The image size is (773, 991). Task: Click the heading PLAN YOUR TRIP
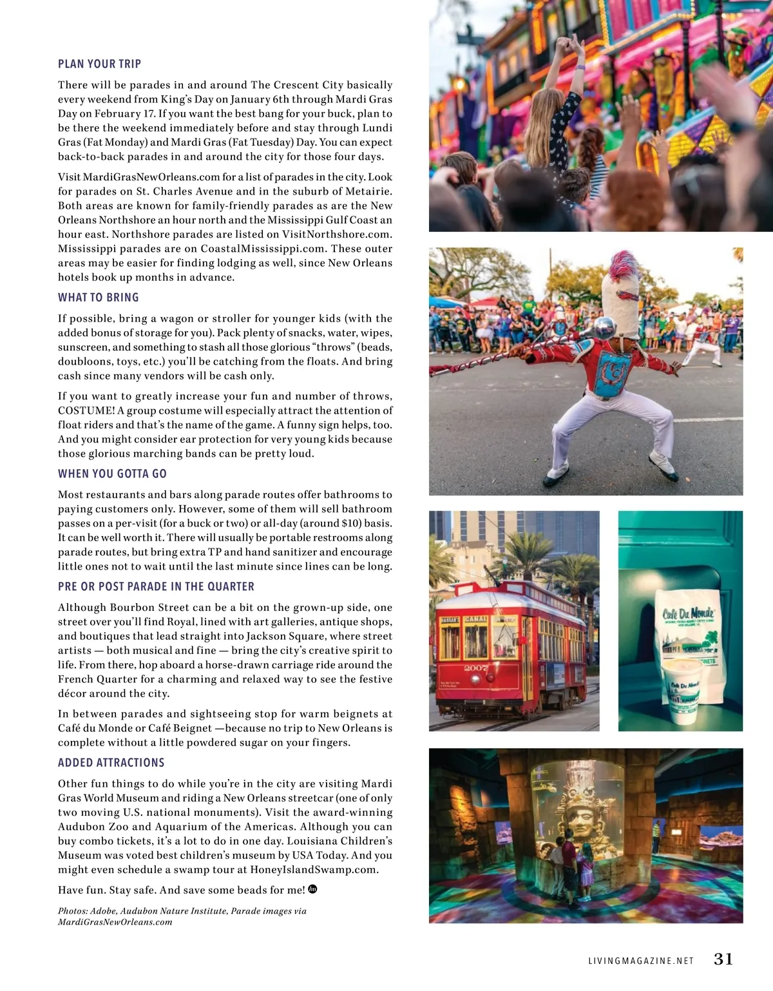99,64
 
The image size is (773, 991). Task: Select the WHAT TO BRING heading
98,298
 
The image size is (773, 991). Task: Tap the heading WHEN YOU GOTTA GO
112,474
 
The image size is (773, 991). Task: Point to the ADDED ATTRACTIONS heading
111,763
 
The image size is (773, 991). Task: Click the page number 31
723,959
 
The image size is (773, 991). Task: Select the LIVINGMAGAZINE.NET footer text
641,961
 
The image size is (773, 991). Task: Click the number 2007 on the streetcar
476,668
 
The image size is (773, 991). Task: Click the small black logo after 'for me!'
313,889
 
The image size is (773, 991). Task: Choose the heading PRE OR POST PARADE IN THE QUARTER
156,587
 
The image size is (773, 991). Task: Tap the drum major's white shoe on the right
663,466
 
